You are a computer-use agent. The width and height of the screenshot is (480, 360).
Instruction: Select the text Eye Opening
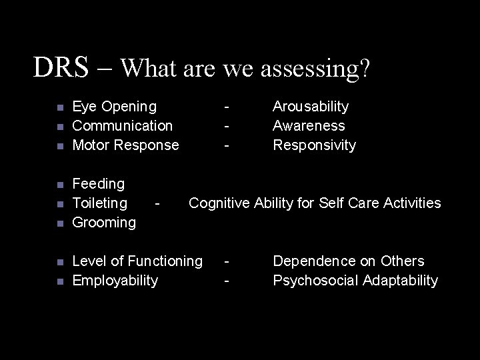pyautogui.click(x=114, y=107)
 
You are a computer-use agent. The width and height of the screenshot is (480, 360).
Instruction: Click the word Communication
pyautogui.click(x=122, y=126)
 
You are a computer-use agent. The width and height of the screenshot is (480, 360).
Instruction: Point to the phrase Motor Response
pyautogui.click(x=125, y=145)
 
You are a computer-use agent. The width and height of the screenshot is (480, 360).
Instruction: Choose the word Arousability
pyautogui.click(x=311, y=107)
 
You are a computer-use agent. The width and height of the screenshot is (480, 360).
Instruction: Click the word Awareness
pyautogui.click(x=309, y=126)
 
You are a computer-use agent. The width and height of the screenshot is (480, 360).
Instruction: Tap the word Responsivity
pyautogui.click(x=314, y=145)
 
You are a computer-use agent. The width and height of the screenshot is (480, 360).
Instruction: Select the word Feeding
pyautogui.click(x=98, y=184)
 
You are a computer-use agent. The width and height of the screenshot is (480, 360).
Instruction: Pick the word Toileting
pyautogui.click(x=99, y=203)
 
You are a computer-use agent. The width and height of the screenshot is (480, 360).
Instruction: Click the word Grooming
pyautogui.click(x=103, y=223)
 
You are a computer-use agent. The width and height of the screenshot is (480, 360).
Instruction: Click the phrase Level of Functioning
pyautogui.click(x=137, y=261)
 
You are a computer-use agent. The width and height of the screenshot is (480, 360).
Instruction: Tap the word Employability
pyautogui.click(x=115, y=281)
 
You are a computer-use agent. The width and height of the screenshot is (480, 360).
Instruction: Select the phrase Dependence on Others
pyautogui.click(x=348, y=261)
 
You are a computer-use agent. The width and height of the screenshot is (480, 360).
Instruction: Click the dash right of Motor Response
pyautogui.click(x=227, y=145)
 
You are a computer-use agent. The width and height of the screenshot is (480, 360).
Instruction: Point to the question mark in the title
pyautogui.click(x=365, y=68)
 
